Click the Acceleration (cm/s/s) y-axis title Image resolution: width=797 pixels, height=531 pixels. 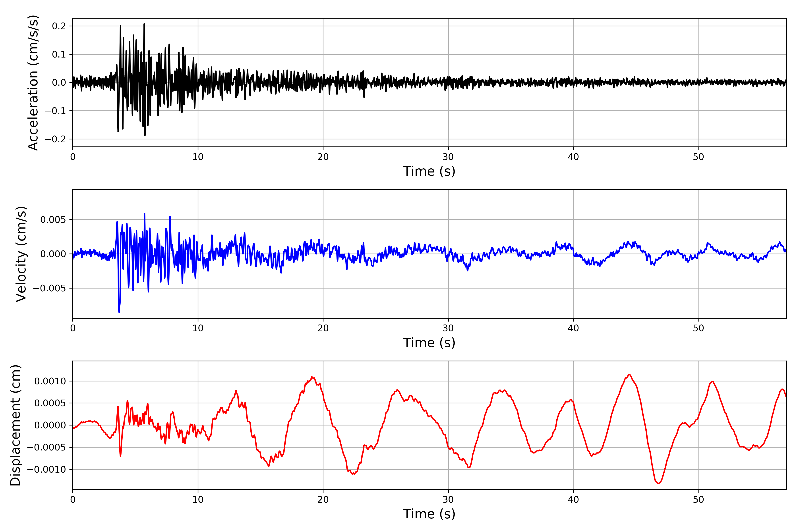[33, 83]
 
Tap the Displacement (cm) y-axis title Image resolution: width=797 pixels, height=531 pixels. [15, 425]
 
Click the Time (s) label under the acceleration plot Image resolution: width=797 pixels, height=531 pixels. [429, 171]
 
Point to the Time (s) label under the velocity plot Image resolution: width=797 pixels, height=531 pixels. [429, 343]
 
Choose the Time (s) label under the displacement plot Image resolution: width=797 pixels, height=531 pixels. [429, 514]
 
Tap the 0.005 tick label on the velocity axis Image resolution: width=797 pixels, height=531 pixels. [53, 220]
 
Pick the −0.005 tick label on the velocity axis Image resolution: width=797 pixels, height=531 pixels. [49, 288]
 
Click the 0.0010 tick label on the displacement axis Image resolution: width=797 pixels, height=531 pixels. [50, 381]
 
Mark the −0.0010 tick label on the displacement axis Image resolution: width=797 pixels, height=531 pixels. [46, 469]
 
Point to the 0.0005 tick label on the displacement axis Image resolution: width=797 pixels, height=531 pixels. [50, 403]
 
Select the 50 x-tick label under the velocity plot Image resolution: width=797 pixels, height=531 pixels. [698, 328]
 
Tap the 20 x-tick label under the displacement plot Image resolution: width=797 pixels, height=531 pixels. [323, 500]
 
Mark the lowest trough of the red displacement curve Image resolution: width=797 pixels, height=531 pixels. [658, 483]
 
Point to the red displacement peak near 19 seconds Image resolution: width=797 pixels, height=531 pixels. [312, 377]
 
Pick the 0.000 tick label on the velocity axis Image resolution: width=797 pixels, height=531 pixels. [53, 254]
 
